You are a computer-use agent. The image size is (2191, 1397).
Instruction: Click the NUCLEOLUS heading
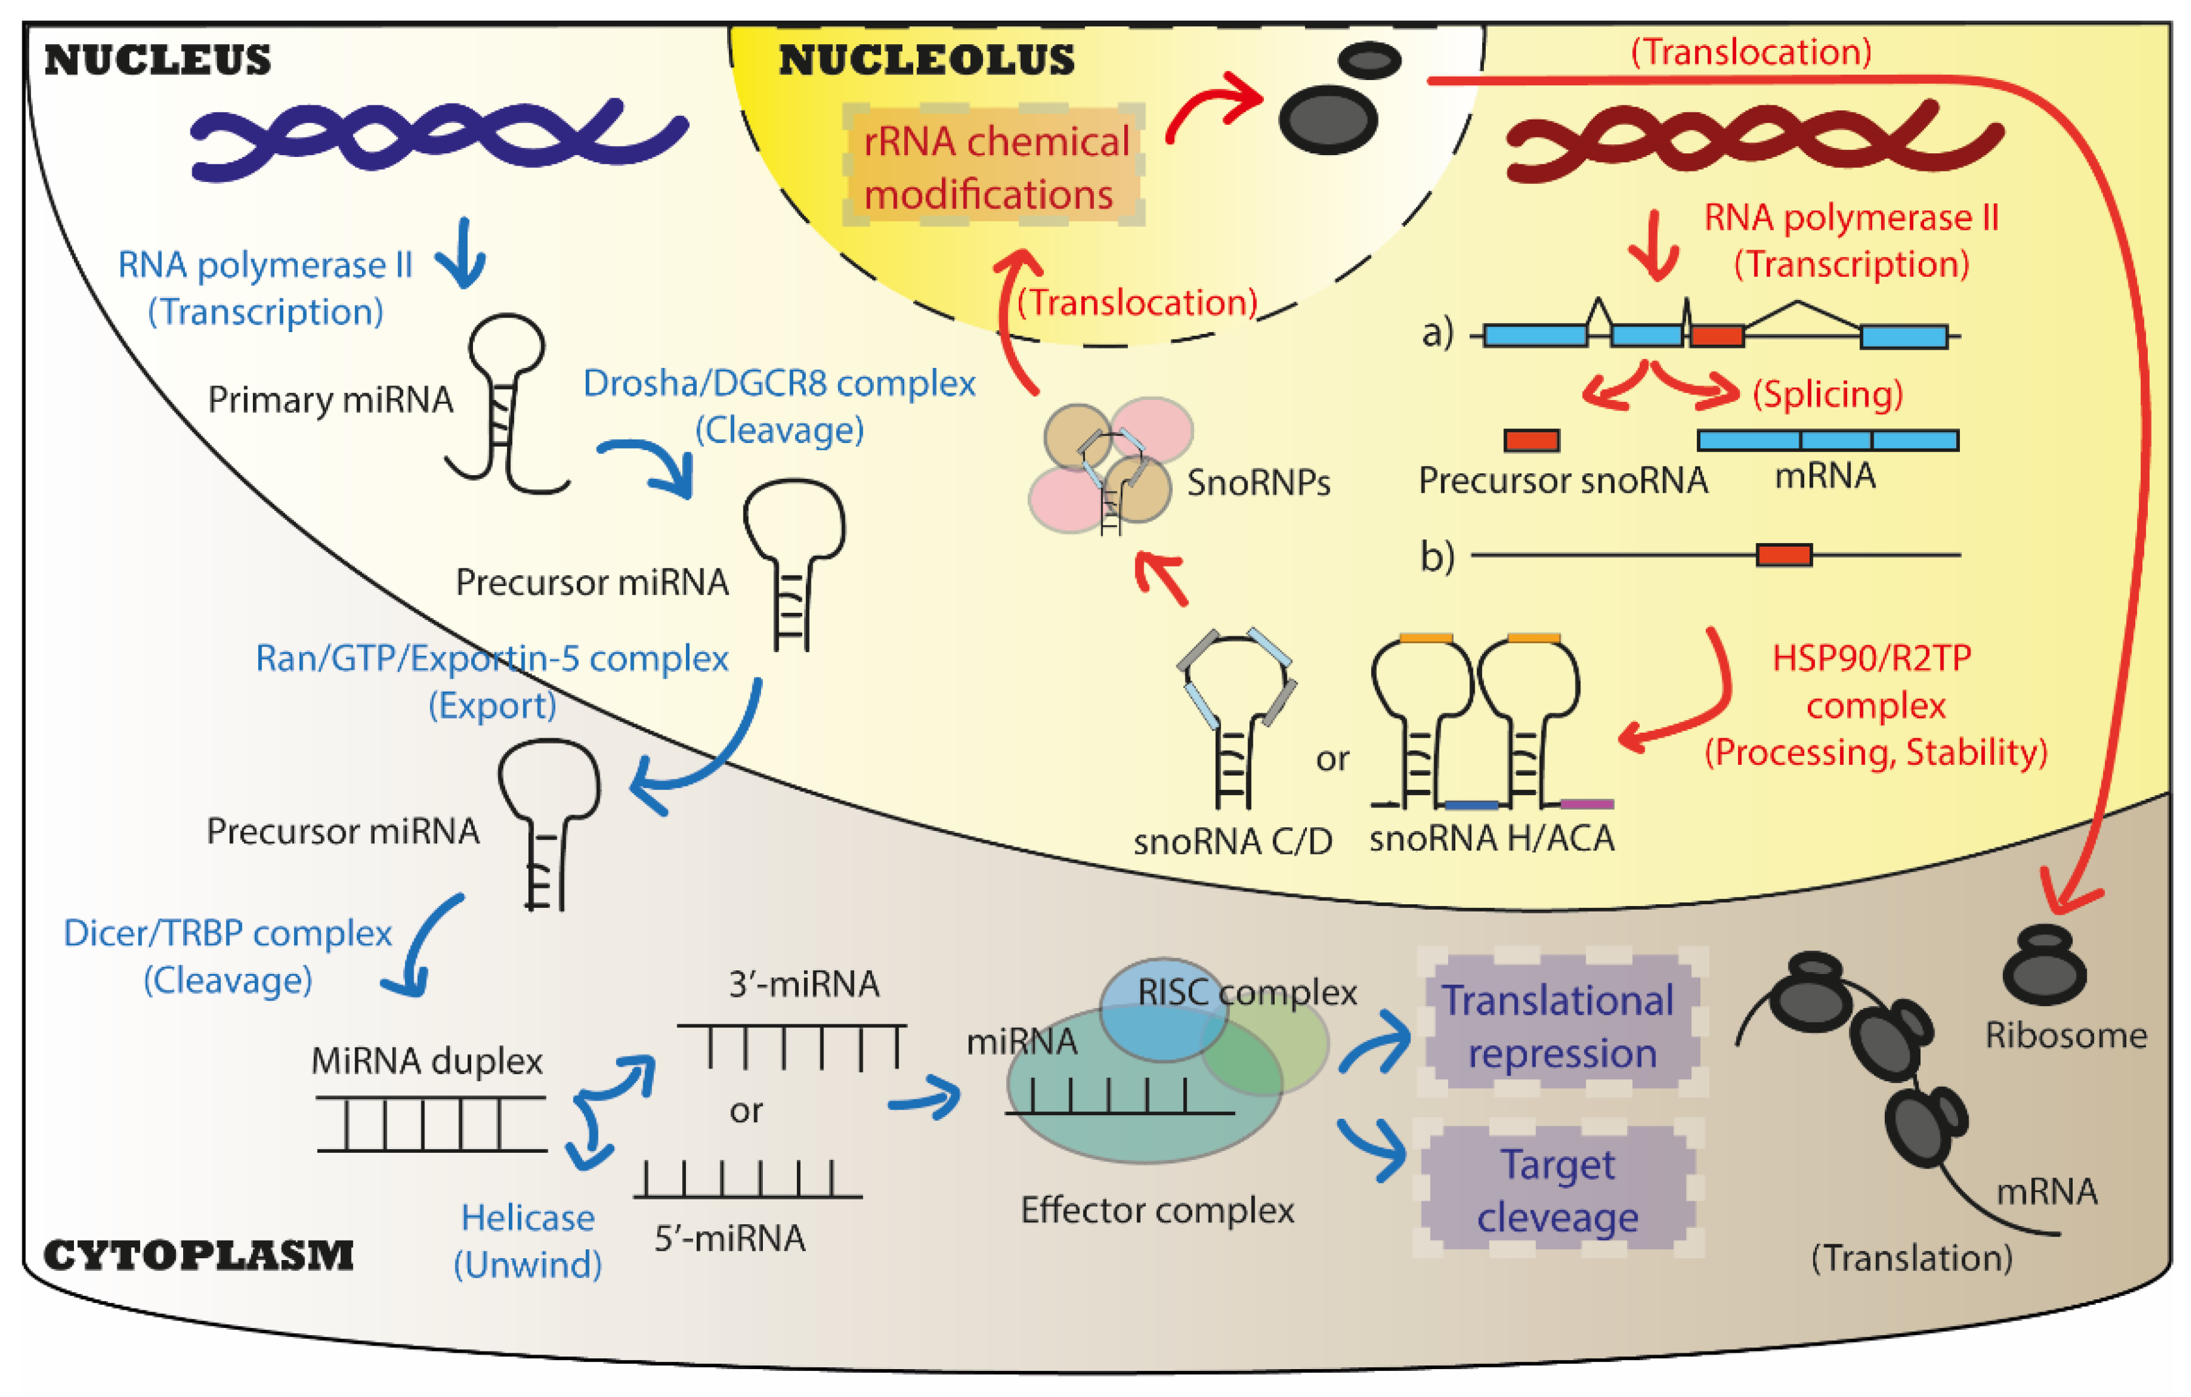coord(926,60)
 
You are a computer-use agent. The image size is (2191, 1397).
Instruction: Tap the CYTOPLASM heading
coord(198,1255)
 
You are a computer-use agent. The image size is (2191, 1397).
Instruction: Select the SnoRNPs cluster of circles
coord(1110,465)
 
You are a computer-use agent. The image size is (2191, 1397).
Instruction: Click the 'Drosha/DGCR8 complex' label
coord(779,383)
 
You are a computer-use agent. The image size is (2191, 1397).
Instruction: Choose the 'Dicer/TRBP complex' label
coord(227,933)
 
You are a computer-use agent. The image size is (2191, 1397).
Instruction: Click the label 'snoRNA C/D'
coord(1233,841)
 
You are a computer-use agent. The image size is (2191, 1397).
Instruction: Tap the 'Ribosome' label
coord(2066,1035)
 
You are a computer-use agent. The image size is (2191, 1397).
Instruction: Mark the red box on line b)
coord(1783,554)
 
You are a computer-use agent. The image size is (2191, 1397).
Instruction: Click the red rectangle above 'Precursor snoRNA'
coord(1531,440)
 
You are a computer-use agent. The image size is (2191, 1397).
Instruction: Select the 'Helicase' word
coord(528,1218)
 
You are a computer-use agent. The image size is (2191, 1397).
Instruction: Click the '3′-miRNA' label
coord(804,984)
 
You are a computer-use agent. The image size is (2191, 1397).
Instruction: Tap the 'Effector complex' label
coord(1158,1210)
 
